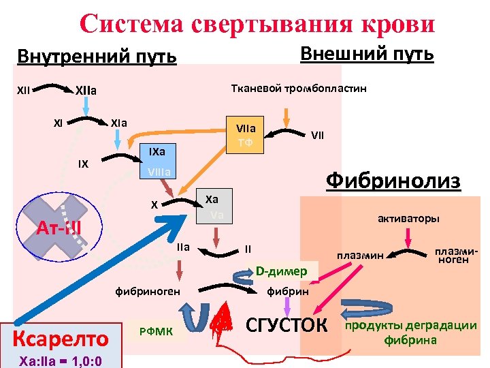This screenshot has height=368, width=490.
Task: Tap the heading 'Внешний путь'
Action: (x=367, y=53)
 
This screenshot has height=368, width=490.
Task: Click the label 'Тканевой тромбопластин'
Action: (x=299, y=89)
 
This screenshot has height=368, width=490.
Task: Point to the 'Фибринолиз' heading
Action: (x=393, y=181)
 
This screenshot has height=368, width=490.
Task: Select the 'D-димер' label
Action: (x=281, y=271)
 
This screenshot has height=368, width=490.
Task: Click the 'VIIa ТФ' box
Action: (x=245, y=134)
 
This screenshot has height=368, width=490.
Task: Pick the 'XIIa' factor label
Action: (x=86, y=90)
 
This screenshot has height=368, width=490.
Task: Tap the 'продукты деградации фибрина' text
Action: (x=411, y=331)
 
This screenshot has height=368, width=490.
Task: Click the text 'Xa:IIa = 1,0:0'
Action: (x=52, y=359)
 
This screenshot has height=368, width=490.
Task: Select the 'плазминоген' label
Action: (x=454, y=255)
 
